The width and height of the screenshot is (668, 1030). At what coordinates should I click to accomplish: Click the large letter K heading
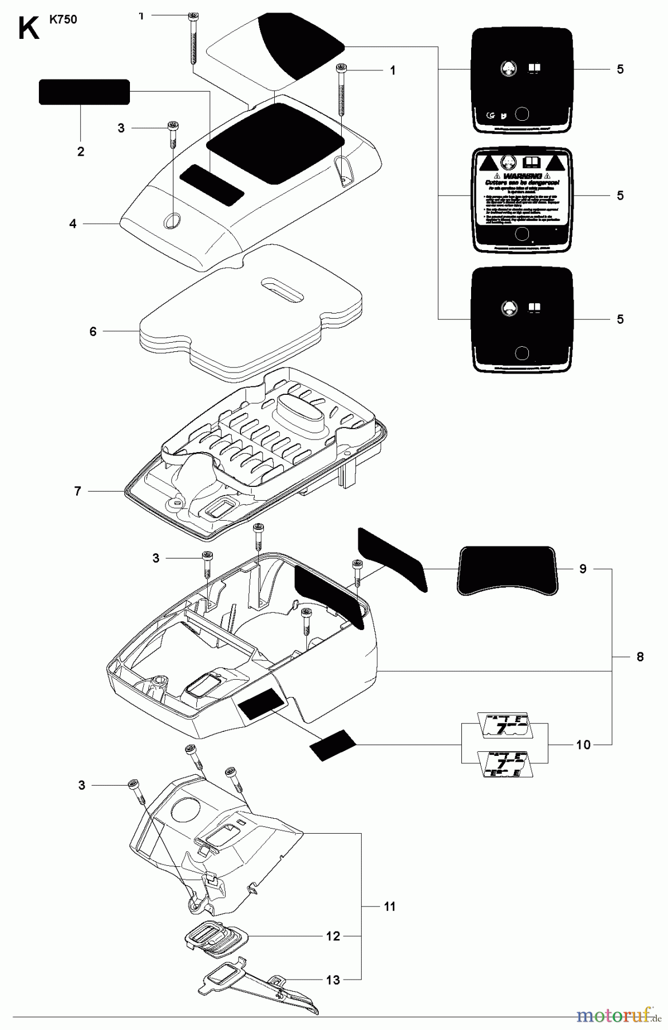(29, 29)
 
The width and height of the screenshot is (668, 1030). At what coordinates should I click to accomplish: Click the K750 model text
(63, 19)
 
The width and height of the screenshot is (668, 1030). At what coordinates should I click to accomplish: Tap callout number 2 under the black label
(80, 152)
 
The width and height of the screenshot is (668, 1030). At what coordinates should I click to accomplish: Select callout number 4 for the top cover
(73, 224)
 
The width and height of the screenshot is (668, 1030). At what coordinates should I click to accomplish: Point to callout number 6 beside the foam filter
(93, 331)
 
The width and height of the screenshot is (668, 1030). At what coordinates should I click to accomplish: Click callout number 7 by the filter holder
(78, 491)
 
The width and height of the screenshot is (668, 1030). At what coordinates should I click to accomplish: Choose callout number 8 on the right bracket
(640, 657)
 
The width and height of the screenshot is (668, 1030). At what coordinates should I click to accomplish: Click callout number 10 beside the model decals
(583, 744)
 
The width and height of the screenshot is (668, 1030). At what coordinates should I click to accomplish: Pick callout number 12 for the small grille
(333, 936)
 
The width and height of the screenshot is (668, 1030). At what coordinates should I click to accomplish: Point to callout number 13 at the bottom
(333, 980)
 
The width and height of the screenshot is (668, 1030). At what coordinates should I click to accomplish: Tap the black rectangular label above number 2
(84, 92)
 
